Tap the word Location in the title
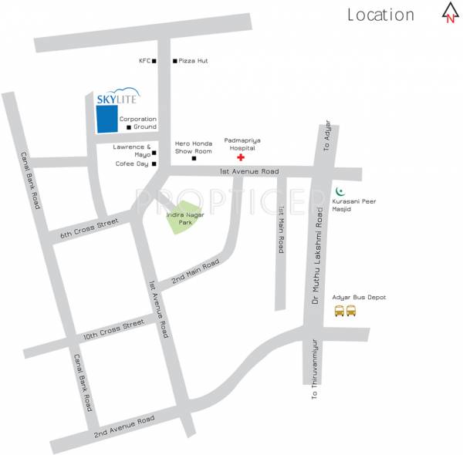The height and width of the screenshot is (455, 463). coord(380,15)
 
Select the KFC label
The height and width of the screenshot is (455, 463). coord(144,60)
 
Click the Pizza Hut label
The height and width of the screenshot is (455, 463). coord(194,60)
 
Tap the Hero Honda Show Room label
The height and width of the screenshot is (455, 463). coord(193,147)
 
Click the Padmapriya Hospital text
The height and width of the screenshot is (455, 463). coord(239,143)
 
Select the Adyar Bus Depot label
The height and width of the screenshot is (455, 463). coord(359,297)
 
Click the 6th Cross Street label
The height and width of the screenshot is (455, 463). coord(90,228)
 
